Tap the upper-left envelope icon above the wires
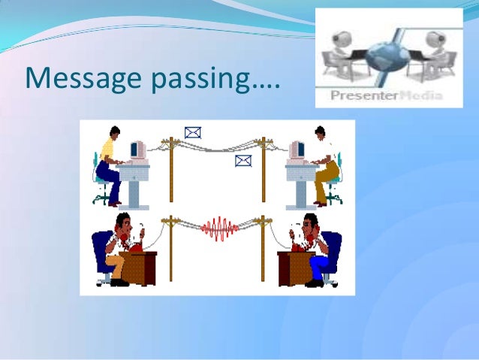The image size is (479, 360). click(193, 133)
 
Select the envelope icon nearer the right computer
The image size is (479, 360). click(243, 160)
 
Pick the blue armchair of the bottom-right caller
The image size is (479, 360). click(330, 252)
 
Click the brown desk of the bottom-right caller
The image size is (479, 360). click(293, 268)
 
